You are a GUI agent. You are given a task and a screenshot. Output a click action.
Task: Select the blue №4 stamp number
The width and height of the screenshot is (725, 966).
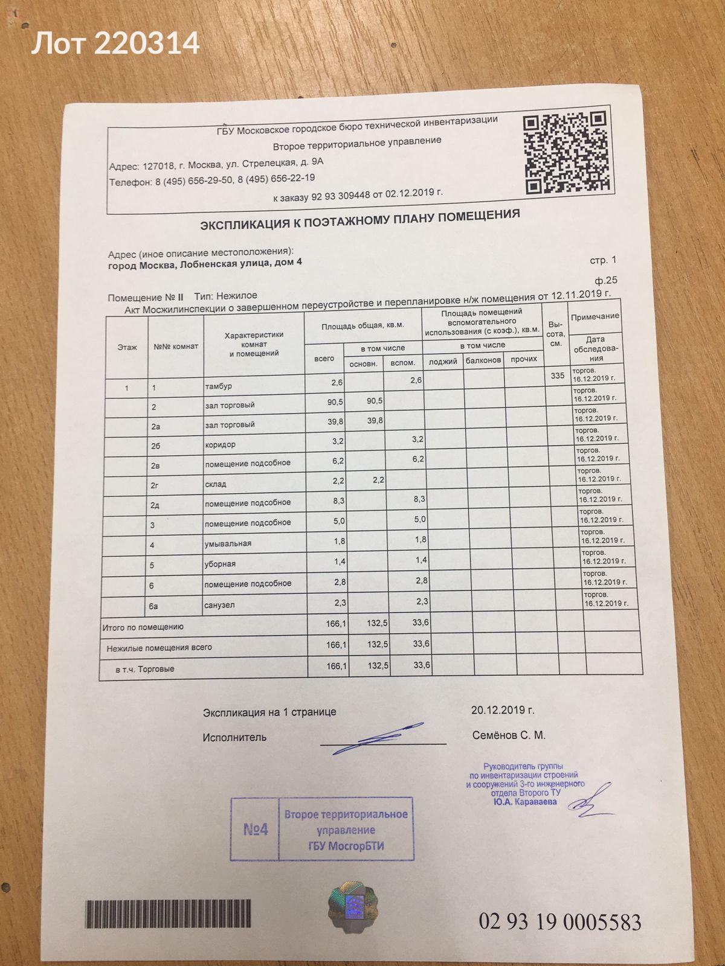(x=255, y=830)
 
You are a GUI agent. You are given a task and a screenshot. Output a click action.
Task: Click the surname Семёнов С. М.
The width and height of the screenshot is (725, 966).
(x=509, y=735)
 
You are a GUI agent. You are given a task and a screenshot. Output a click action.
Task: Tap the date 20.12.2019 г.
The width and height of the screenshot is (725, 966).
(x=503, y=710)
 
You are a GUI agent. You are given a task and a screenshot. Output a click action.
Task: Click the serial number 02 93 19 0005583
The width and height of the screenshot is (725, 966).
(x=560, y=922)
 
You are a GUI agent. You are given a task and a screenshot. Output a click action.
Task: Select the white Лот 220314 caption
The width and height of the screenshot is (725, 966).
(x=115, y=43)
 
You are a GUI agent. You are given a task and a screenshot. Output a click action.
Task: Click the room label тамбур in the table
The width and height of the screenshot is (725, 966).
(x=218, y=386)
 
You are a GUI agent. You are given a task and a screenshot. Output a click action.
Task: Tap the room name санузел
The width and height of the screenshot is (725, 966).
(x=219, y=604)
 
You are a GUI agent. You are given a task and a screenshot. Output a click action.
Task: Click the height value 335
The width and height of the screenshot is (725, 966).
(x=558, y=376)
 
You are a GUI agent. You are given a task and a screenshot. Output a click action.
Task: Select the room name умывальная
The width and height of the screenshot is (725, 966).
(x=228, y=543)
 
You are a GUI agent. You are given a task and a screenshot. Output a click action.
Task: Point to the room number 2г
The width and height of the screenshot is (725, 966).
(x=154, y=484)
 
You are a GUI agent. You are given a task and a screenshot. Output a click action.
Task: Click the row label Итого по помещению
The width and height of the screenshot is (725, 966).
(x=143, y=627)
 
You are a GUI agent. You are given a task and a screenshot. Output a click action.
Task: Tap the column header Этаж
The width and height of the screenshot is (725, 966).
(x=127, y=347)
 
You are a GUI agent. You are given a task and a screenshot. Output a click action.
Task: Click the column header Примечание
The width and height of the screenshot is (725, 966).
(x=595, y=316)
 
